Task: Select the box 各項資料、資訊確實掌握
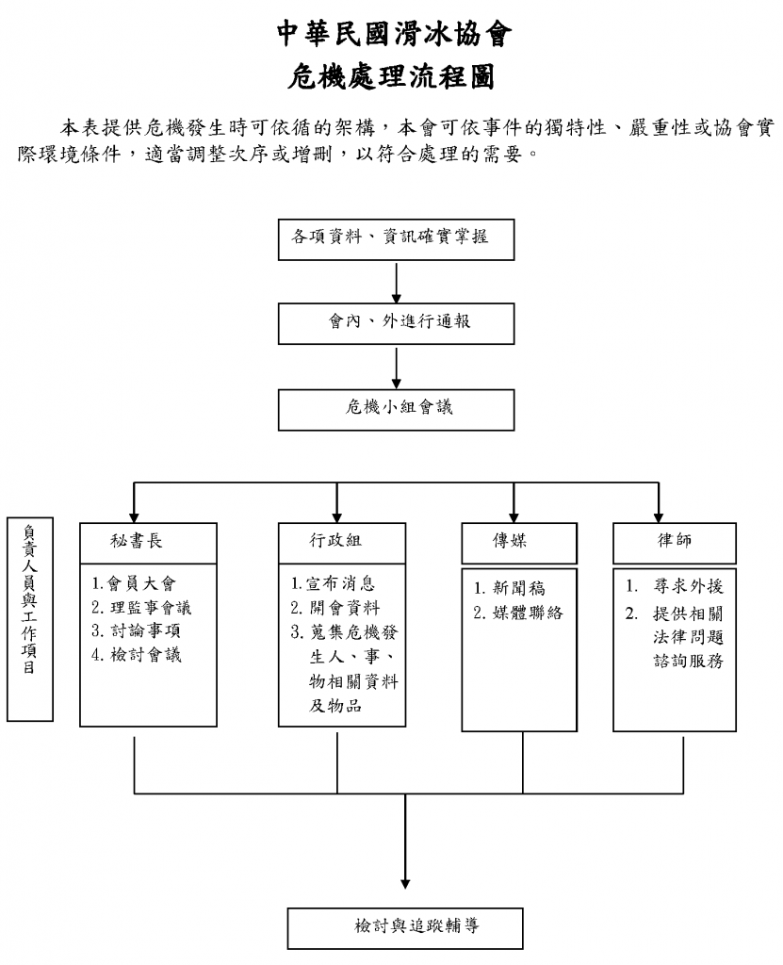397,238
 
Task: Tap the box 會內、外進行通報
397,322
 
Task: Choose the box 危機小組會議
397,408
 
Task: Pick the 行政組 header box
336,541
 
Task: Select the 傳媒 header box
513,541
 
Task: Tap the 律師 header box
674,541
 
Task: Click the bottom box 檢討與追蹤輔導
404,926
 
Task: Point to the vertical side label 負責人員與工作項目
31,618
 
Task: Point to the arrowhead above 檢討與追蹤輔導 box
405,883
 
